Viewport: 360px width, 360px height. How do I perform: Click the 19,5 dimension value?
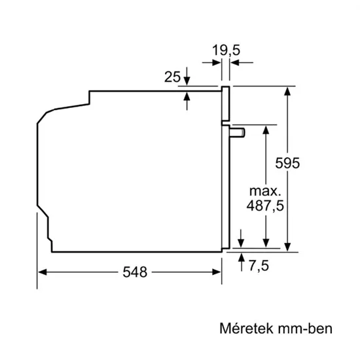(x=226, y=50)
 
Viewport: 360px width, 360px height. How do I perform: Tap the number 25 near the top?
(x=172, y=77)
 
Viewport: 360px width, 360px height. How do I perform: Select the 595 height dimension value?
(x=287, y=163)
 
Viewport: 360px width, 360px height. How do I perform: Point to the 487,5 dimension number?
(x=265, y=206)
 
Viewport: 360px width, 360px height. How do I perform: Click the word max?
(x=265, y=191)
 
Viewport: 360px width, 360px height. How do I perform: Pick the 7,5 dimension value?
(x=259, y=266)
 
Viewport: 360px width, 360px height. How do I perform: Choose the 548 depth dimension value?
(x=135, y=272)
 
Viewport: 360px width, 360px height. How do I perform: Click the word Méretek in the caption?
(x=247, y=329)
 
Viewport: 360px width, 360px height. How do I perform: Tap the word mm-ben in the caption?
(x=305, y=329)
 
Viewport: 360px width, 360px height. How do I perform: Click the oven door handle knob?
(x=237, y=132)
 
